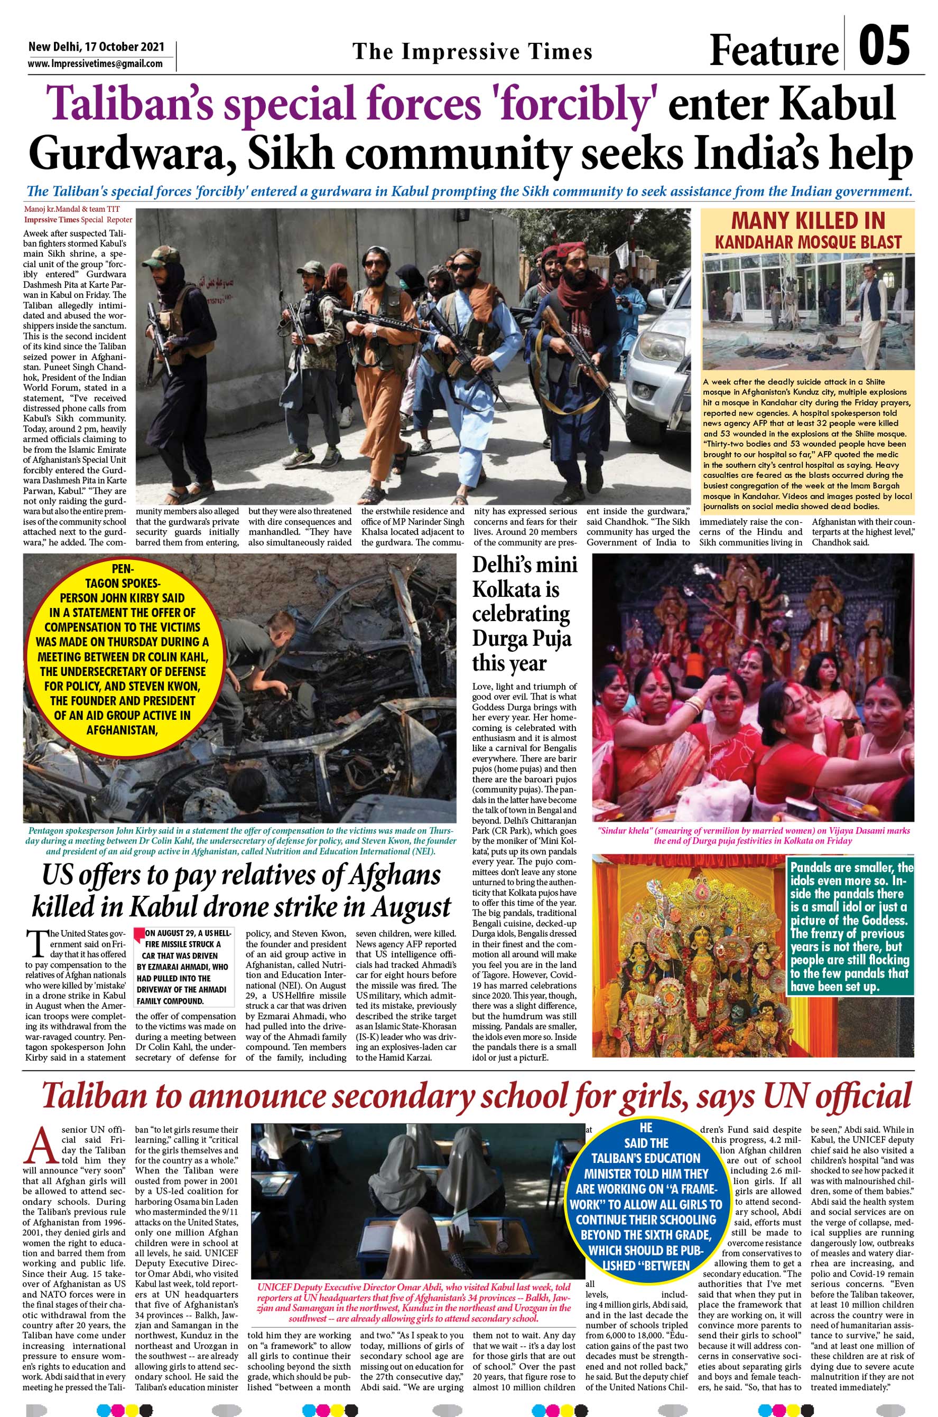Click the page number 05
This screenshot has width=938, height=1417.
884,46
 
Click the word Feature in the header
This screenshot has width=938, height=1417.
774,50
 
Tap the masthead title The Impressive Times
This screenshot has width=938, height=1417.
472,51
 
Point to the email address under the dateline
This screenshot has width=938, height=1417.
95,64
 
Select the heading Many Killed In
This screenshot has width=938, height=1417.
808,221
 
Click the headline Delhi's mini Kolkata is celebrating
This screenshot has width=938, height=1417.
524,614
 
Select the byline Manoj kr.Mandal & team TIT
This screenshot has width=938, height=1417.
72,209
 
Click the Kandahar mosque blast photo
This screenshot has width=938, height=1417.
808,311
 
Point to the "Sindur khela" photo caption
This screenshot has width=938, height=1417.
753,835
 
